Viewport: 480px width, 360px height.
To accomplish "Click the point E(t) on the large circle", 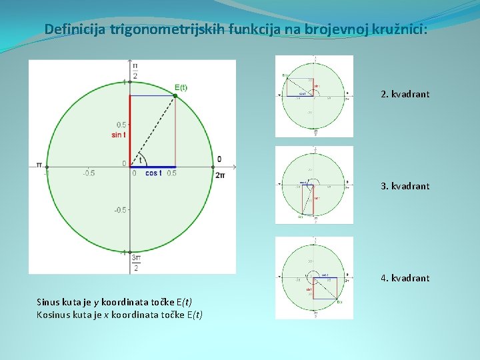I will coord(175,96).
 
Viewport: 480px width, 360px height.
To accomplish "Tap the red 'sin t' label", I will coord(119,135).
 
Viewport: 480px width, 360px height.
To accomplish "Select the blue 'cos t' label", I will coord(153,173).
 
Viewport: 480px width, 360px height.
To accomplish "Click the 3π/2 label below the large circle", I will coord(135,262).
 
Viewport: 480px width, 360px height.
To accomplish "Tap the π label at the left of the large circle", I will coord(39,165).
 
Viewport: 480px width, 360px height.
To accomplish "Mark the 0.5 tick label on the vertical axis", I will coord(121,125).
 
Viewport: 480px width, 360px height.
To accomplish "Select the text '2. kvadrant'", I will coord(405,94).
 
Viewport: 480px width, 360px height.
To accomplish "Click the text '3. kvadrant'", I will coord(405,186).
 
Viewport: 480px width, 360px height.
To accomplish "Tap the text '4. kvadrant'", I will coord(405,278).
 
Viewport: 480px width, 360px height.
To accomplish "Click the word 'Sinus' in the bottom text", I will coord(49,302).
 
